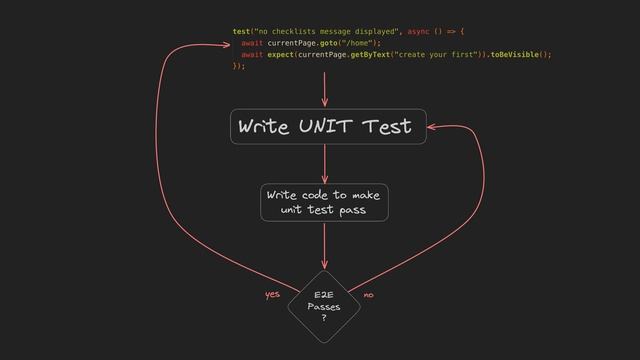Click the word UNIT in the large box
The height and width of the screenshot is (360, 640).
click(x=324, y=127)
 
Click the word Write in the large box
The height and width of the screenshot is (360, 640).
click(x=260, y=127)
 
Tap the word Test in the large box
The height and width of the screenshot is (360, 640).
click(x=388, y=127)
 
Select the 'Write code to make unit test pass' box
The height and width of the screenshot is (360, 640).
click(x=324, y=202)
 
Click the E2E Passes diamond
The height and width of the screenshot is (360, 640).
click(x=324, y=304)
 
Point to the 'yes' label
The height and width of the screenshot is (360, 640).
click(x=272, y=295)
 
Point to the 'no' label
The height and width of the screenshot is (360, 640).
click(x=369, y=295)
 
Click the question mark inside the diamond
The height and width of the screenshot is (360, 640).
click(x=324, y=319)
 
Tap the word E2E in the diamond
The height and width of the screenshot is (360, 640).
click(x=324, y=296)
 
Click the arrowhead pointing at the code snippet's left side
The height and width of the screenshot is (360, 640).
click(x=225, y=43)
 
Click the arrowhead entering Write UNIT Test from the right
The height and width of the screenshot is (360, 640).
click(x=432, y=127)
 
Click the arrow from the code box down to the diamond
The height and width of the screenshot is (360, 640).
click(x=324, y=245)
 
